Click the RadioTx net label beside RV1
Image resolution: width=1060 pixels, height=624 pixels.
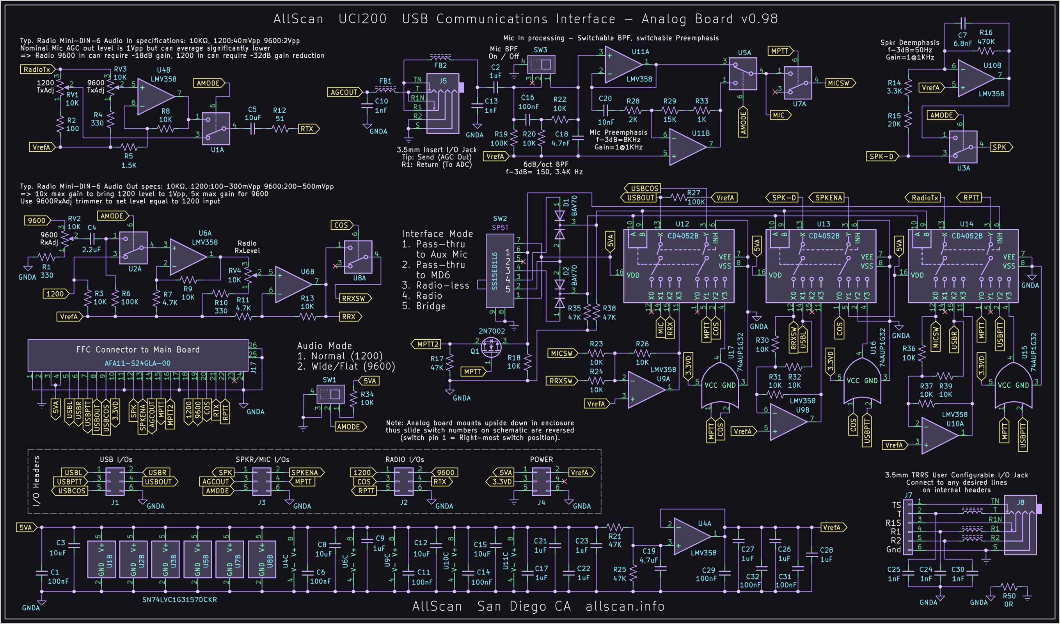point(37,69)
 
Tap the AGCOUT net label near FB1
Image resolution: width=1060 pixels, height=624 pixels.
point(344,92)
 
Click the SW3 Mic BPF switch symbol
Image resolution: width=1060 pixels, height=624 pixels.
point(542,65)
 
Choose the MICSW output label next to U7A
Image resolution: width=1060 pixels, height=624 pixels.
point(839,83)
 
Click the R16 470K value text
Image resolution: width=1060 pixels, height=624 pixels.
point(985,42)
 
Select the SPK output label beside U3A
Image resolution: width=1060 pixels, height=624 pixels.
point(1000,147)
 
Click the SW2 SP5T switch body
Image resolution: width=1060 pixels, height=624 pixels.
point(500,271)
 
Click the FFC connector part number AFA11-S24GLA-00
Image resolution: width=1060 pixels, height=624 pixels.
point(138,363)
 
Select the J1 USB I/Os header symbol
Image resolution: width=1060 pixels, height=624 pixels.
point(115,482)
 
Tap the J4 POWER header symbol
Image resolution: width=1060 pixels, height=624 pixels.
point(541,482)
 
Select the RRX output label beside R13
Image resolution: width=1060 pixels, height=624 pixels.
point(349,317)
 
